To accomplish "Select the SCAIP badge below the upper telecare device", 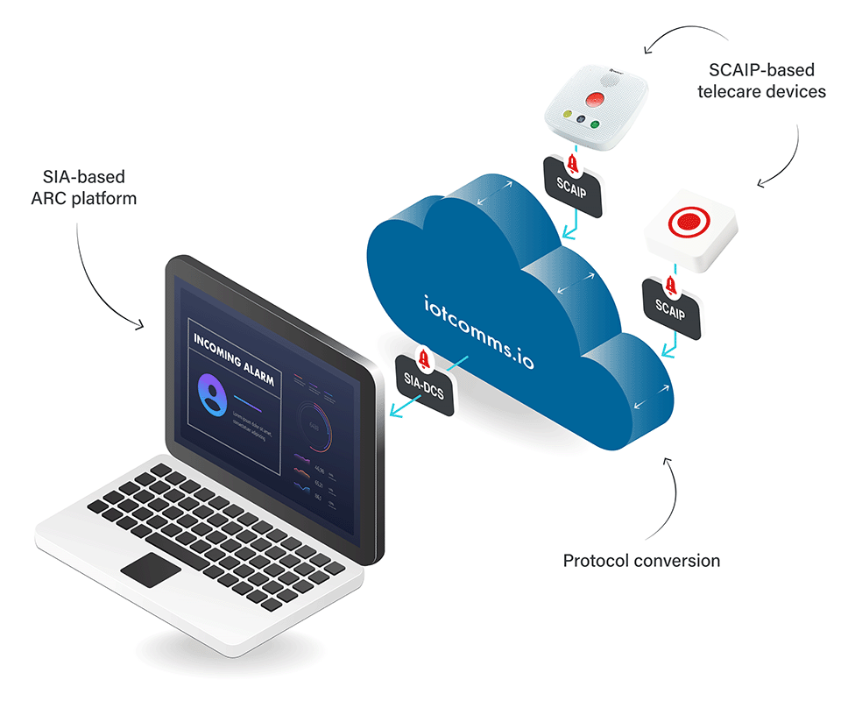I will [572, 187].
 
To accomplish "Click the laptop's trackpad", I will [151, 570].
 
